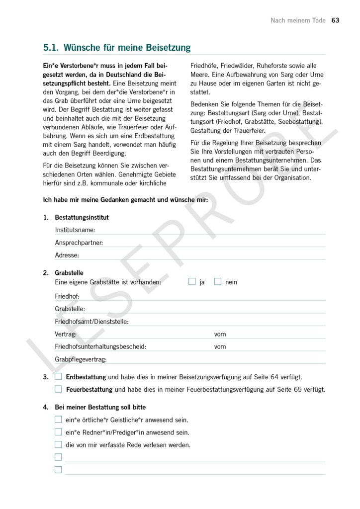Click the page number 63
pos(335,20)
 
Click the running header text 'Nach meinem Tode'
pos(298,20)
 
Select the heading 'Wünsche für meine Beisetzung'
pos(127,48)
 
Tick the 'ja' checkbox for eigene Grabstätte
pos(192,282)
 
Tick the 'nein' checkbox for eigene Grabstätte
pos(217,282)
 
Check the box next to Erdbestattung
pos(59,377)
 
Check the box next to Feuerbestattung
pos(59,389)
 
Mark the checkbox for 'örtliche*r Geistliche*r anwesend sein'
pos(59,420)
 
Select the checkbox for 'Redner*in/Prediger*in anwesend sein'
pos(59,432)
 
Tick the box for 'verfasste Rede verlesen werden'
pos(59,445)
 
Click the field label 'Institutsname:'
pos(75,230)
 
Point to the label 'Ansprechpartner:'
pos(79,243)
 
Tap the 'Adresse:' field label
pos(67,255)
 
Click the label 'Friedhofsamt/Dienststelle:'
pos(92,322)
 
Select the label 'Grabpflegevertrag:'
pos(81,359)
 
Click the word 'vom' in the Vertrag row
pos(220,334)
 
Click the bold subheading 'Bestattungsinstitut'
pos(82,217)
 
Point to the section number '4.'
pos(46,408)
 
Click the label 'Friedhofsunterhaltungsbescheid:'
pos(100,346)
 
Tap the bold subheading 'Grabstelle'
pos(69,273)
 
